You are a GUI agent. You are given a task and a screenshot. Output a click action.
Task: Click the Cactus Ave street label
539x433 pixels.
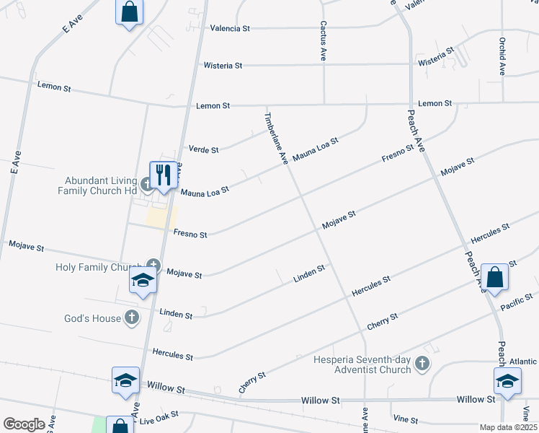pyautogui.click(x=323, y=40)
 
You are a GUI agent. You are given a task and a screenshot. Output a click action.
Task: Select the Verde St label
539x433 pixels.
pyautogui.click(x=203, y=149)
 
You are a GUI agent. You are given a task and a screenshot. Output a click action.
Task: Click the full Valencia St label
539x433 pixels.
pyautogui.click(x=229, y=28)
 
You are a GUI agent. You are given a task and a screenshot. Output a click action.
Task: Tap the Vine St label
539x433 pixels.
pyautogui.click(x=405, y=419)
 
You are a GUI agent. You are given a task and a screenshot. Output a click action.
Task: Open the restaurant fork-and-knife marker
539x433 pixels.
pyautogui.click(x=163, y=175)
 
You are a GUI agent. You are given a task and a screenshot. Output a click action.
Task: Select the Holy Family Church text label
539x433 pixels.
pyautogui.click(x=98, y=268)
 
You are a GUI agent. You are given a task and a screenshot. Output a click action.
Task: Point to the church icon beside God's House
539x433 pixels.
pyautogui.click(x=131, y=317)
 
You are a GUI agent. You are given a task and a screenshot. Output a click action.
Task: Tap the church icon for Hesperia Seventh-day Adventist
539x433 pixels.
pyautogui.click(x=424, y=364)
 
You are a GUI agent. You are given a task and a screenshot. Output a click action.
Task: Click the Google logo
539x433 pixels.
pyautogui.click(x=24, y=424)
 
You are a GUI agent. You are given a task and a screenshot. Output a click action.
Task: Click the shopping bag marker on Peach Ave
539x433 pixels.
pyautogui.click(x=494, y=277)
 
